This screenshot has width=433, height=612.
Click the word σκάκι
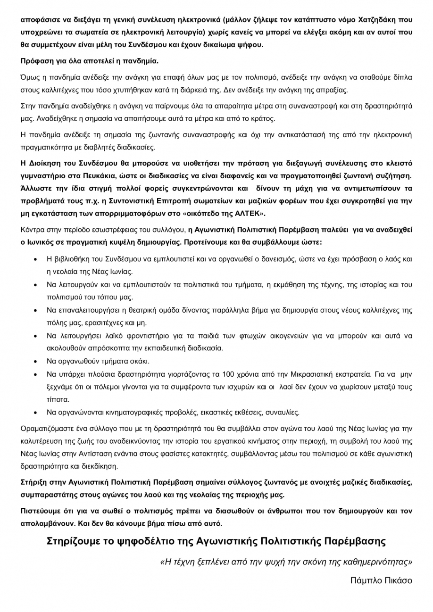[x=140, y=361]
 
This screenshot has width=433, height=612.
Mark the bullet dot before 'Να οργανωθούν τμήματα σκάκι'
[x=37, y=362]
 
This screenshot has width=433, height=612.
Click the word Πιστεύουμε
[x=43, y=511]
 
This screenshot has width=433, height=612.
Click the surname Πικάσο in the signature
[x=395, y=580]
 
